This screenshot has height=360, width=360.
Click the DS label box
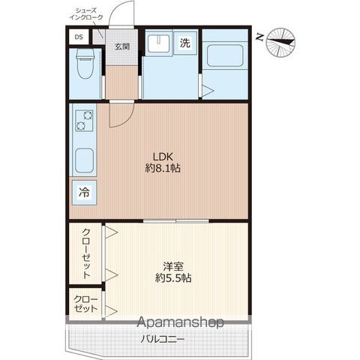point(79,37)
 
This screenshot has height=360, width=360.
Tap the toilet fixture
point(85,64)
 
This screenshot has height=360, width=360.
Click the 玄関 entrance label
point(122,46)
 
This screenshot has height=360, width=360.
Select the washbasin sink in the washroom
point(158,43)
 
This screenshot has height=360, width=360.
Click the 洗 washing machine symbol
point(185,43)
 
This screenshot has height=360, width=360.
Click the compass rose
point(280,43)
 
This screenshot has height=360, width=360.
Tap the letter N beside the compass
point(260,37)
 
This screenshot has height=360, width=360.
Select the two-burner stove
point(85,120)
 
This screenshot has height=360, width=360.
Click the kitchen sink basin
point(85,160)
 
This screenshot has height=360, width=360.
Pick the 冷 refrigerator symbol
point(84,193)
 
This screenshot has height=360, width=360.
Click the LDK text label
point(163,157)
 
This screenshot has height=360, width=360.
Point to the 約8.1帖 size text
point(163,168)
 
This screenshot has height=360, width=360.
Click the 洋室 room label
point(173,266)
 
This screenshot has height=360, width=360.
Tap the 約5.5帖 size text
point(173,277)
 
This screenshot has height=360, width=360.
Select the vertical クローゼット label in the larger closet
point(86,253)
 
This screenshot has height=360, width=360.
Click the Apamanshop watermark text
point(180,322)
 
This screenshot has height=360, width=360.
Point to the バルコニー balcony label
point(163,339)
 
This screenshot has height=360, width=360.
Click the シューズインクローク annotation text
point(86,14)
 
